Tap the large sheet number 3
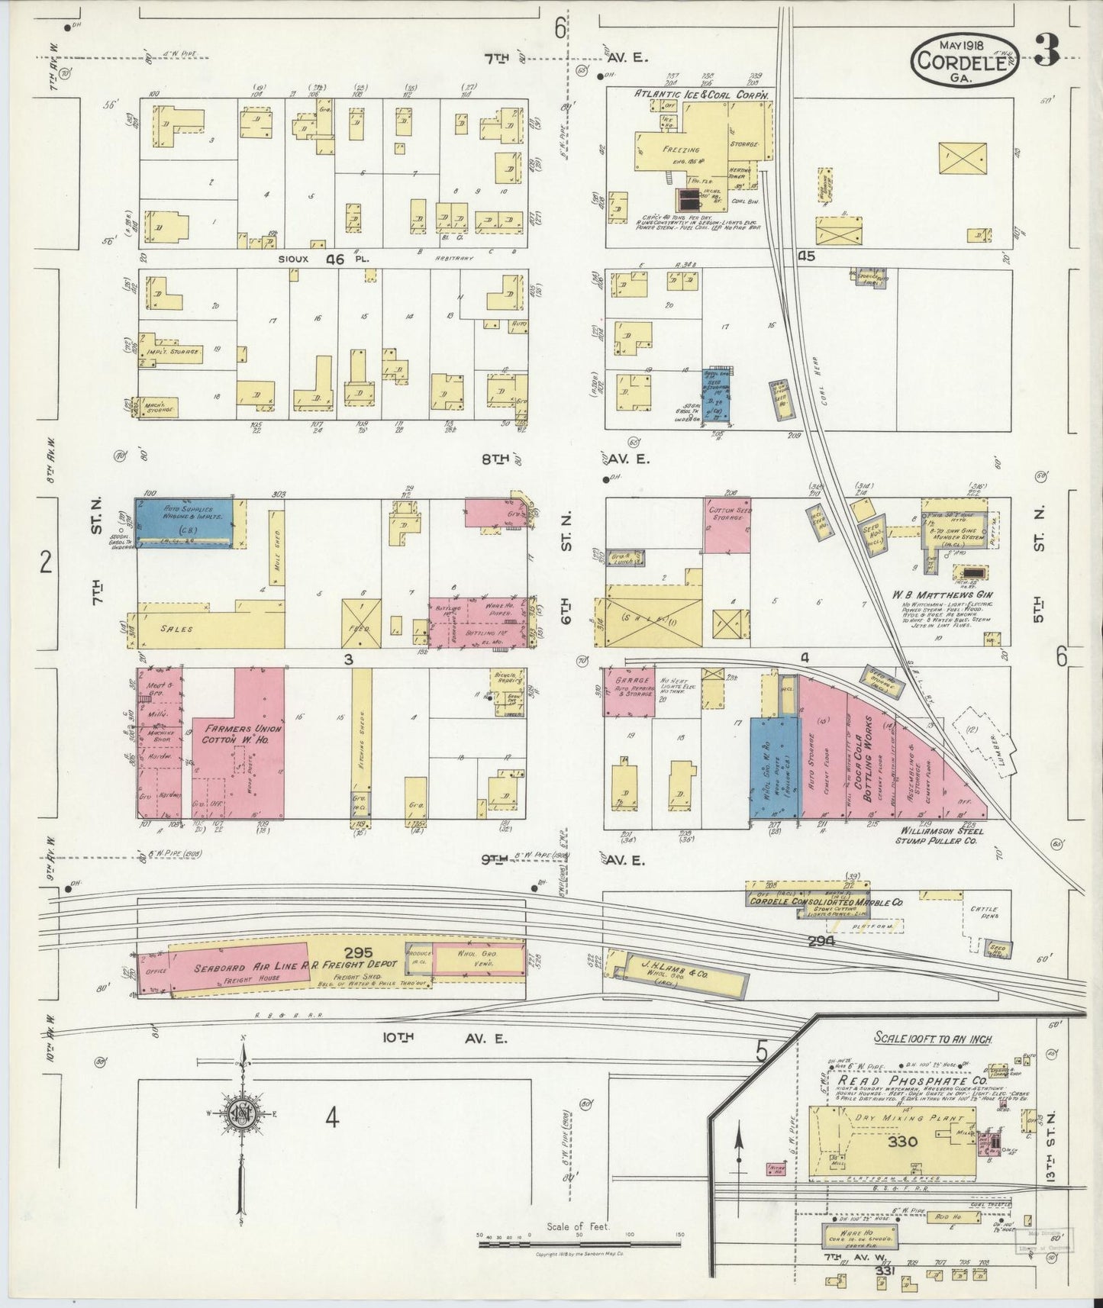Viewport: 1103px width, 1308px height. (x=1047, y=51)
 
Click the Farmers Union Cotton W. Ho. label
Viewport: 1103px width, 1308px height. (x=241, y=734)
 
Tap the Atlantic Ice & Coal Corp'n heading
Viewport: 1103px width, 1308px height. (x=698, y=94)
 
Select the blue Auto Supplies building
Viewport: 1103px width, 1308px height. (x=184, y=520)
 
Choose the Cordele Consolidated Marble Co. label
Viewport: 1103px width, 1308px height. (x=825, y=902)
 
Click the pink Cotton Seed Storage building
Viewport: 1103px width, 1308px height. (x=727, y=525)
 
